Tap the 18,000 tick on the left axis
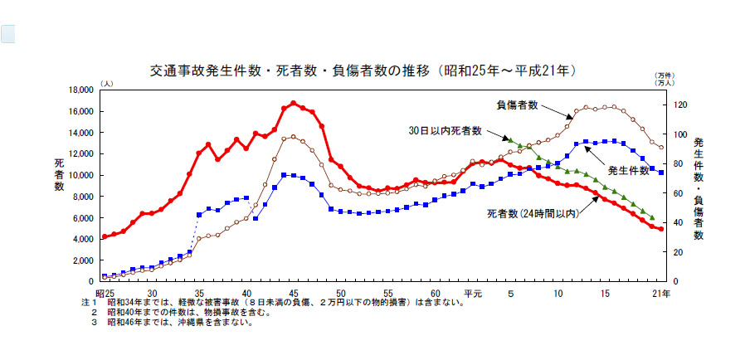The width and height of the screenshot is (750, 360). coord(81,90)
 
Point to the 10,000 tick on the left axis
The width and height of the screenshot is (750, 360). coord(81,175)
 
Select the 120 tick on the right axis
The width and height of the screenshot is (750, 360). coord(680,105)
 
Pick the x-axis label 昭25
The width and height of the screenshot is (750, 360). coord(105,294)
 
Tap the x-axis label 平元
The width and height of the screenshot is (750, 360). coord(473,294)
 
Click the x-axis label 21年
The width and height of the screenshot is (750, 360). coord(662,294)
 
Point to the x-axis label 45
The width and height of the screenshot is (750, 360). coord(294,294)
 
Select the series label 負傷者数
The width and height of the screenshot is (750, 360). coord(518,105)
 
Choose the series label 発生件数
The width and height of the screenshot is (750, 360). coord(628,170)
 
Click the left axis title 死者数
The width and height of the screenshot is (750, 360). coord(59,174)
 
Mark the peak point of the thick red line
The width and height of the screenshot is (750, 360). coord(294,104)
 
